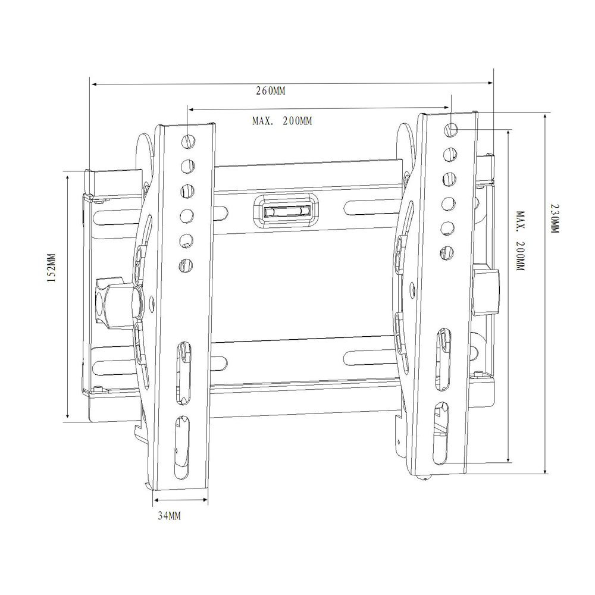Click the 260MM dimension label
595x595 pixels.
click(x=271, y=92)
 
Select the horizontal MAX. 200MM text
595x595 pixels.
click(x=282, y=121)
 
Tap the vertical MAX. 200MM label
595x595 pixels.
click(x=519, y=240)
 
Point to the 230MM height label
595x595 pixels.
click(x=555, y=219)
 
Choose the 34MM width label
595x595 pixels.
click(x=169, y=515)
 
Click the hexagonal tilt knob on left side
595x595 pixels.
click(x=117, y=303)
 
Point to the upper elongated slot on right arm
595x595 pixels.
click(x=443, y=359)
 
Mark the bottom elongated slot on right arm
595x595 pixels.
click(x=440, y=433)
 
